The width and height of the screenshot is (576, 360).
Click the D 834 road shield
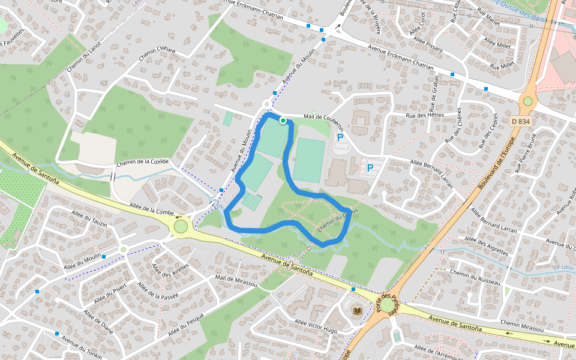pos(520,121)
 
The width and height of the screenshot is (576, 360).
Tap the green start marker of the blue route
pos(283,120)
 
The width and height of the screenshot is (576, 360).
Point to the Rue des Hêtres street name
pos(424,115)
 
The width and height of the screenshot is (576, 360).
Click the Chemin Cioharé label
pos(157,55)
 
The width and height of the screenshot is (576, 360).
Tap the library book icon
pos(358,311)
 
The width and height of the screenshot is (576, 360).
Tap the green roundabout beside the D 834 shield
pos(528,101)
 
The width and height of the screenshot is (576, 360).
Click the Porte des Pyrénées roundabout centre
pos(388,306)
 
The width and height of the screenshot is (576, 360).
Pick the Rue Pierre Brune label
pos(525,152)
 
